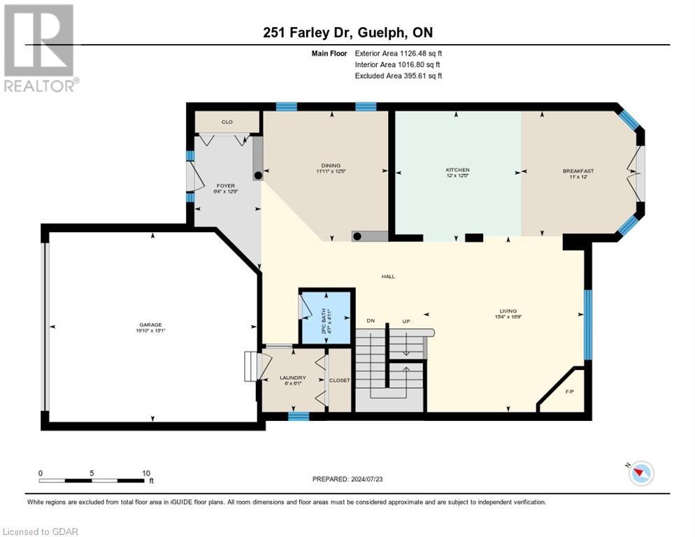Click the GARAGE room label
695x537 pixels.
tap(150, 324)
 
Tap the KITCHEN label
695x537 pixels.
tap(458, 170)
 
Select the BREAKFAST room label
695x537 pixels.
tap(578, 171)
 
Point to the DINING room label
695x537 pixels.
tap(323, 166)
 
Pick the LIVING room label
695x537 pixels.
tap(508, 310)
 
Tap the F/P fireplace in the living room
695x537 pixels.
tap(569, 391)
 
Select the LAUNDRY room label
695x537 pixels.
tap(293, 378)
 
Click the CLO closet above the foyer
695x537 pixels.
tap(227, 122)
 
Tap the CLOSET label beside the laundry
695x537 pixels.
tap(340, 380)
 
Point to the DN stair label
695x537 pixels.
tap(371, 320)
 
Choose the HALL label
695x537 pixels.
tap(388, 276)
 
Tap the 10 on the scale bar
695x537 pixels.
tap(146, 473)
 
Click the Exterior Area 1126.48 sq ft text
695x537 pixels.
tap(399, 52)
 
